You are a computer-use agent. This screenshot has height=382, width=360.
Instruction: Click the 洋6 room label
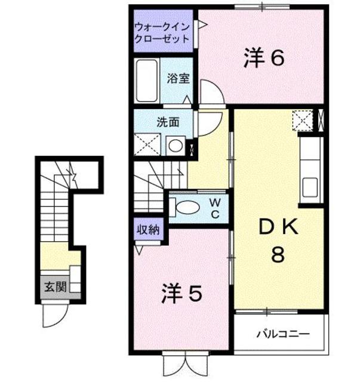coord(263,58)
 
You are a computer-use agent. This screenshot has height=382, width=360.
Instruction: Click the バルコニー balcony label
coord(283,333)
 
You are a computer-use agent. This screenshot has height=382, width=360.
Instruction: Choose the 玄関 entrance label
coord(51,285)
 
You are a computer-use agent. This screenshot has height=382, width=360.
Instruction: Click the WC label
coord(214,207)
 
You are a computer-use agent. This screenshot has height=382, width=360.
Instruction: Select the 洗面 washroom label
coord(168,123)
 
